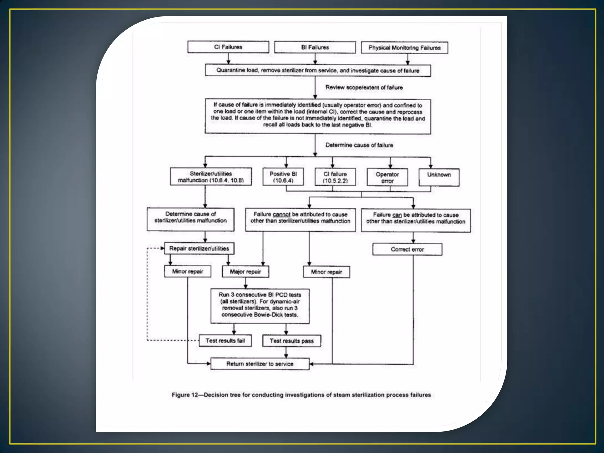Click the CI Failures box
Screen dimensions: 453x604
pos(228,47)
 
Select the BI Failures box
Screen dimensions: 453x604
pos(315,47)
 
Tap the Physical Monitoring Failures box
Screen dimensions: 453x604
pos(404,48)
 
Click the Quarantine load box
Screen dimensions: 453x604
pos(318,70)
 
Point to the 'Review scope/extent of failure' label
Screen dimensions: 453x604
pos(364,87)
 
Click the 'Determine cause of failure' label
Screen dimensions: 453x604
pos(359,145)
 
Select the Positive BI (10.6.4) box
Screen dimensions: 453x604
pos(283,177)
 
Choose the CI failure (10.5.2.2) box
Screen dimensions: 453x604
pos(335,177)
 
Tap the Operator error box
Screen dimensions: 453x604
pos(387,178)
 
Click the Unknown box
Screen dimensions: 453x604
pos(439,177)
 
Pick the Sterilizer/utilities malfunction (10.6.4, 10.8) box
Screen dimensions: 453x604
pos(211,177)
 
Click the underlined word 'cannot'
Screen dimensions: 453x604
pos(282,214)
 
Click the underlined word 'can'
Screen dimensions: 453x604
pos(397,215)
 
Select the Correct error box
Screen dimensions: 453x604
pos(407,250)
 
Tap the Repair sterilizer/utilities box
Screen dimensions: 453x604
pos(199,249)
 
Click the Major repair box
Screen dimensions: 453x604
pos(245,272)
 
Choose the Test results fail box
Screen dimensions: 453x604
pos(225,341)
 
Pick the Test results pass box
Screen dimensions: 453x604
pos(291,341)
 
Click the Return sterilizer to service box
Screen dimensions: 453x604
pos(260,364)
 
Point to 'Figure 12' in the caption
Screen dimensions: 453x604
pos(185,395)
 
